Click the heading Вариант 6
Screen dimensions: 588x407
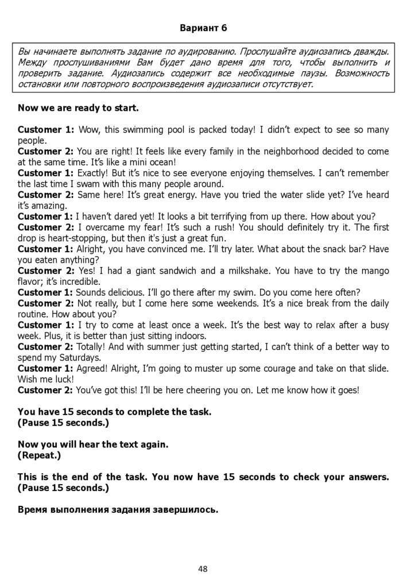(x=203, y=28)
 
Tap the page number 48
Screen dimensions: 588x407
(x=203, y=569)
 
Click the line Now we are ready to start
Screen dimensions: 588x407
(x=78, y=107)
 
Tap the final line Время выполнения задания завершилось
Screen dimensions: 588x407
(x=118, y=509)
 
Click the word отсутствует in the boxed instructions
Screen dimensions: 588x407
(x=286, y=84)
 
